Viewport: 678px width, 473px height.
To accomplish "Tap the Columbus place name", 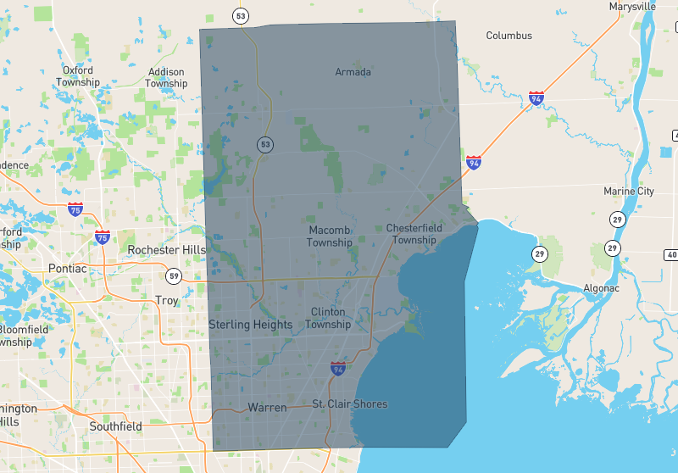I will tap(508, 36).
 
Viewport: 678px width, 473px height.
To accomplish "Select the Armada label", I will tap(353, 72).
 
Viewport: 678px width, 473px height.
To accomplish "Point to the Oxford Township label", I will tap(78, 76).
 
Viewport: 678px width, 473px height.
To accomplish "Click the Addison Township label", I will tap(166, 78).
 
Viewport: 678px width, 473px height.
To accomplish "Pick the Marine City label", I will tap(629, 192).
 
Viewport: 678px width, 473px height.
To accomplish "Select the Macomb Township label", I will tap(330, 236).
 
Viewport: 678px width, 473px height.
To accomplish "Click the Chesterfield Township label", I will tap(411, 234).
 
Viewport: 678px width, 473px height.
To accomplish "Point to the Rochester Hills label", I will tap(166, 250).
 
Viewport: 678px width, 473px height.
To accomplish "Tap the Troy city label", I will tap(167, 301).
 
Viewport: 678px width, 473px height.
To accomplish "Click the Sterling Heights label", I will tap(251, 325).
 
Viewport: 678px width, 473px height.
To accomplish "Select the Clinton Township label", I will tap(328, 318).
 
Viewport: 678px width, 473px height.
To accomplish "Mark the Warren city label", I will tap(267, 408).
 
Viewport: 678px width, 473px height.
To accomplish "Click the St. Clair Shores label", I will tap(349, 404).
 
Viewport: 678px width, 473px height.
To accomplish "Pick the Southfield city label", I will tap(115, 426).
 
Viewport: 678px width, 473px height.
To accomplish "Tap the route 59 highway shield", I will tap(174, 275).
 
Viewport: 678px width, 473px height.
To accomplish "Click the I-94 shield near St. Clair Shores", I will tap(338, 369).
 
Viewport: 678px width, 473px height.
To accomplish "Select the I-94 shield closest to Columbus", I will tap(536, 98).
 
